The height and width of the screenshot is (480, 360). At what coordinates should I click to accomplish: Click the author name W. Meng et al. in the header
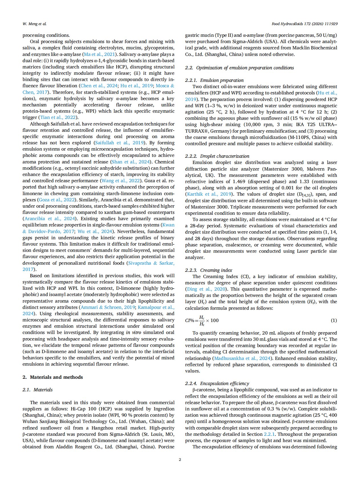[34, 24]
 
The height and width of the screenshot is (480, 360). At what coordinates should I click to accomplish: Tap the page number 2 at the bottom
[180, 459]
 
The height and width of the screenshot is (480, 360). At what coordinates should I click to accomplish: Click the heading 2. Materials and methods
[53, 377]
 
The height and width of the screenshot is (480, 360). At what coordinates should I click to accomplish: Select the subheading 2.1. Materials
[38, 390]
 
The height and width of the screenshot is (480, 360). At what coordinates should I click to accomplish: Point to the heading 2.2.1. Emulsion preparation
[214, 80]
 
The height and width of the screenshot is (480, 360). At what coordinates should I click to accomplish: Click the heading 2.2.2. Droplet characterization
[217, 156]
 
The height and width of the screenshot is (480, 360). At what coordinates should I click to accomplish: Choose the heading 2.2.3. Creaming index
[209, 270]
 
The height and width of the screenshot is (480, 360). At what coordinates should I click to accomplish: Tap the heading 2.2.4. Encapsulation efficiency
[217, 383]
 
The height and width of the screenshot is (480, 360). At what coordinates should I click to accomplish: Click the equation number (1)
[334, 320]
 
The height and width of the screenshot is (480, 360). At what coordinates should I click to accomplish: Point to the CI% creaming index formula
[202, 320]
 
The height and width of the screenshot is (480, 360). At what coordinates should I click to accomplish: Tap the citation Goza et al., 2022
[56, 200]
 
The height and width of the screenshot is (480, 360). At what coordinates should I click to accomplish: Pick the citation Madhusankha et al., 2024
[242, 358]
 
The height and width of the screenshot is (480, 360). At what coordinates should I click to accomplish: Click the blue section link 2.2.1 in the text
[269, 434]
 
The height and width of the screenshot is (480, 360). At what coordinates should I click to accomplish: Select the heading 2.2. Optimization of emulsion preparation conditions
[239, 68]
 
